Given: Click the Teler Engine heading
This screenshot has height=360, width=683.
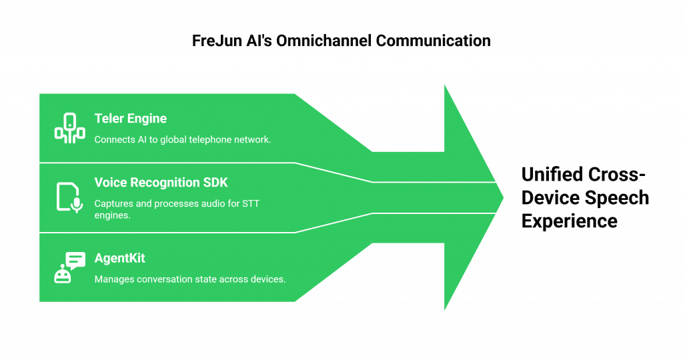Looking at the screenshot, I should (130, 119).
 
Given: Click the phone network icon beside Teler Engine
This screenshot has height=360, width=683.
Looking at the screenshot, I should (69, 128).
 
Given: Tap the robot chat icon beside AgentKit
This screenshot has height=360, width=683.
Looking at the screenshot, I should (69, 267).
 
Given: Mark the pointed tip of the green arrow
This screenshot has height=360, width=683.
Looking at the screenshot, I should (504, 197).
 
